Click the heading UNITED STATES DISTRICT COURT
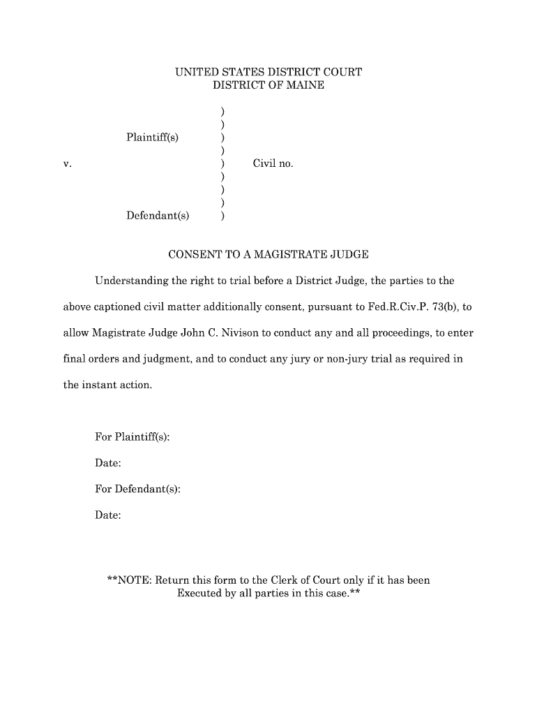pyautogui.click(x=268, y=72)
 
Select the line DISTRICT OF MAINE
pyautogui.click(x=268, y=85)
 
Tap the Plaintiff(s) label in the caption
pyautogui.click(x=152, y=137)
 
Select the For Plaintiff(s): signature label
pyautogui.click(x=133, y=437)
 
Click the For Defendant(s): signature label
pyautogui.click(x=138, y=489)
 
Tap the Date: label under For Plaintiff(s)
pyautogui.click(x=108, y=463)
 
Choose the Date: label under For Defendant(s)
pyautogui.click(x=108, y=515)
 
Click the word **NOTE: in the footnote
pyautogui.click(x=129, y=580)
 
